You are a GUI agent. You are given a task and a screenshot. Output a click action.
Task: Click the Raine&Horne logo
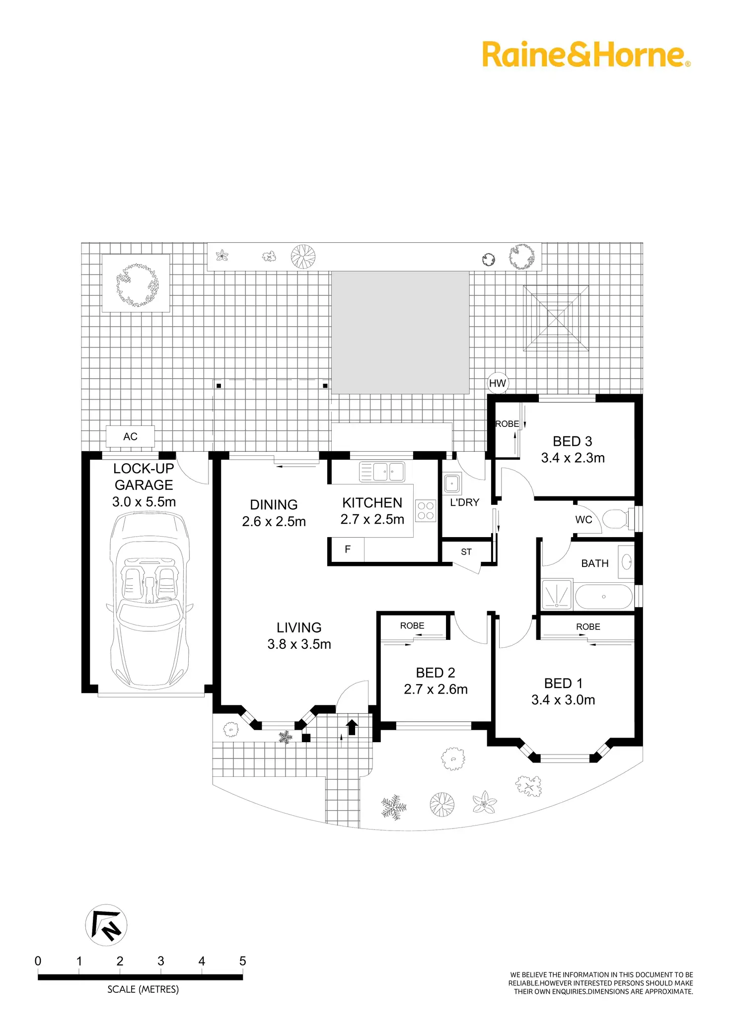pyautogui.click(x=586, y=55)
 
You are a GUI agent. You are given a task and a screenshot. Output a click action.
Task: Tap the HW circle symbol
pyautogui.click(x=497, y=383)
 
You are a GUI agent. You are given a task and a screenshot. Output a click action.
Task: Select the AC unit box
pyautogui.click(x=130, y=436)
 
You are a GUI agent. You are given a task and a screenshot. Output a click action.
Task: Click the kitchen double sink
pyautogui.click(x=382, y=472)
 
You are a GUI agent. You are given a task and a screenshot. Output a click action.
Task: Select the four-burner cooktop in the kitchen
pyautogui.click(x=426, y=510)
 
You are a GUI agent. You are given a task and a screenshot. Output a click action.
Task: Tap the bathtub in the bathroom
pyautogui.click(x=603, y=597)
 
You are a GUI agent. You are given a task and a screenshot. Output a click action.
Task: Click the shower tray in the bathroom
pyautogui.click(x=557, y=595)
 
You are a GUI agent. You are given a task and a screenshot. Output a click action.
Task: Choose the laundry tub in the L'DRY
pyautogui.click(x=452, y=483)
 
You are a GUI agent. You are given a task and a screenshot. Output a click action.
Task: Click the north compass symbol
pyautogui.click(x=106, y=925)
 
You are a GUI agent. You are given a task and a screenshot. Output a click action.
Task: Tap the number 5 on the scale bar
pyautogui.click(x=242, y=961)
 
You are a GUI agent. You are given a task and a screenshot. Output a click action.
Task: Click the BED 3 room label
pyautogui.click(x=573, y=441)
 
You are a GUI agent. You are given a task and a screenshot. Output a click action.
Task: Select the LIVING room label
pyautogui.click(x=299, y=627)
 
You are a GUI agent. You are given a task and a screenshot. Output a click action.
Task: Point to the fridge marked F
pyautogui.click(x=347, y=550)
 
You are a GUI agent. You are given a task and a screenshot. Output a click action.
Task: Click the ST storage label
pyautogui.click(x=466, y=551)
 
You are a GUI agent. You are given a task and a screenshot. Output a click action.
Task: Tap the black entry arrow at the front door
pyautogui.click(x=352, y=727)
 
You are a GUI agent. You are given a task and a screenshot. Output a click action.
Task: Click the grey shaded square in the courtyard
pyautogui.click(x=400, y=332)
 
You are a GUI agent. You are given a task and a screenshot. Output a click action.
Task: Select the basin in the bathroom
pyautogui.click(x=627, y=562)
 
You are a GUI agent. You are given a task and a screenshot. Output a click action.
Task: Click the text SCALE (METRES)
pyautogui.click(x=143, y=989)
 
